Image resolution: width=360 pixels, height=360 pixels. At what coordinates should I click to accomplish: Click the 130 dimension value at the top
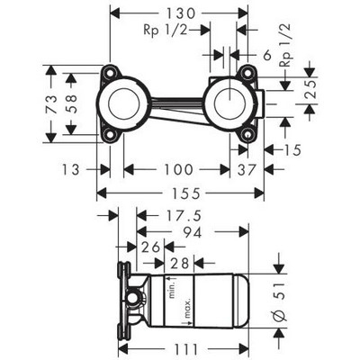pos(181,13)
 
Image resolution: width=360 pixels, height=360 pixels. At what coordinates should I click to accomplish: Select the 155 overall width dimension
pos(186,193)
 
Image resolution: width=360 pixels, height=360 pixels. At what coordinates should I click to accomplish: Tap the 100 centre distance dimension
pos(178,169)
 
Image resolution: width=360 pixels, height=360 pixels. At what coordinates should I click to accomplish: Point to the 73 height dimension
pos(51,104)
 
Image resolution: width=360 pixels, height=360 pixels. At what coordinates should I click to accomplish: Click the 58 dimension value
pos(71,104)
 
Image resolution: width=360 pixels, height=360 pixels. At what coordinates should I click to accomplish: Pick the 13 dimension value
pos(71,169)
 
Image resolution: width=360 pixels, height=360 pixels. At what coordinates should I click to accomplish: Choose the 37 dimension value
pos(247,169)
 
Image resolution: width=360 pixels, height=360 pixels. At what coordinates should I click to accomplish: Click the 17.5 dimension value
pos(181,216)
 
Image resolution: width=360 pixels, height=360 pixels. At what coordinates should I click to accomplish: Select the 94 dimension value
pos(193,232)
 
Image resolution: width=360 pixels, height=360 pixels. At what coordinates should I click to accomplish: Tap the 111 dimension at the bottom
pos(185,349)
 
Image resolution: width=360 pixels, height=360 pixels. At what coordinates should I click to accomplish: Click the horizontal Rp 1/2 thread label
pos(166,31)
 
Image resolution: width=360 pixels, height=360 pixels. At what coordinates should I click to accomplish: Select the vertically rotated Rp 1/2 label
pos(285,45)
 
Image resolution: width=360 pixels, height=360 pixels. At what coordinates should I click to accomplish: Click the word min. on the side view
pos(172,288)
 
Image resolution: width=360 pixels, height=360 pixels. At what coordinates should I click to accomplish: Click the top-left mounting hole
pos(109,73)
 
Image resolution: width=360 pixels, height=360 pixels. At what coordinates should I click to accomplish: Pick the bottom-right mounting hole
pos(247,136)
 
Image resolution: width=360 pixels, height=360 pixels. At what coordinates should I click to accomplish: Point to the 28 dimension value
pos(180,264)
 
